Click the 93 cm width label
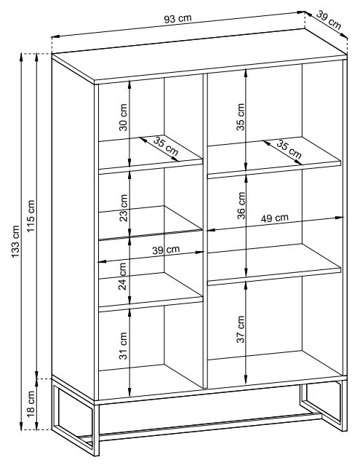click(177, 19)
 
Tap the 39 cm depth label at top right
click(329, 20)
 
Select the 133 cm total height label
click(15, 242)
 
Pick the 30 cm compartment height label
click(123, 117)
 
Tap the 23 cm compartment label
click(123, 208)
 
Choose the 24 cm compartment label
click(123, 276)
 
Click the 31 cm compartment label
click(123, 346)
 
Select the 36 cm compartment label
click(241, 206)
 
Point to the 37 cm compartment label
click(241, 329)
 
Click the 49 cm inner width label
click(275, 218)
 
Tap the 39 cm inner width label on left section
click(166, 250)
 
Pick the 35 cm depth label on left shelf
click(166, 146)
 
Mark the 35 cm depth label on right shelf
click(289, 149)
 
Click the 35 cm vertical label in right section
click(241, 116)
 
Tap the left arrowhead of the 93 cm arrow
click(55, 36)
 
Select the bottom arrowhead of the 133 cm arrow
click(21, 427)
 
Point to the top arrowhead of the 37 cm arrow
click(246, 285)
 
